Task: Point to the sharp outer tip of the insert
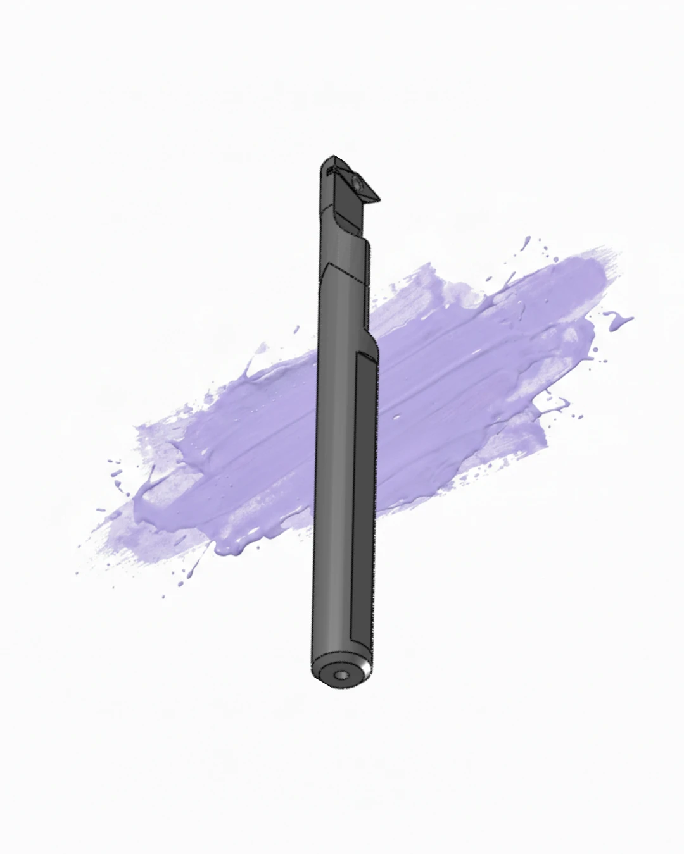click(x=379, y=201)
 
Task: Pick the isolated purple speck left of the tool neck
click(x=296, y=328)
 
